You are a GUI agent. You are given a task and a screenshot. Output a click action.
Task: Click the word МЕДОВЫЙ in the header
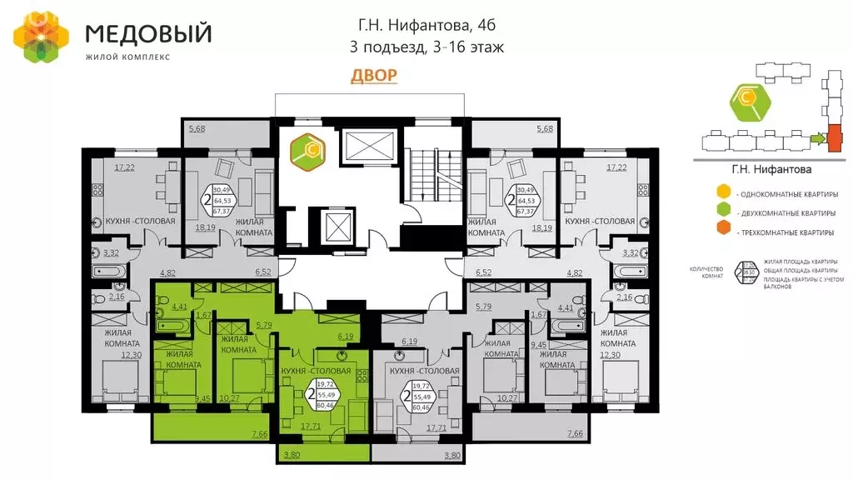coord(149,33)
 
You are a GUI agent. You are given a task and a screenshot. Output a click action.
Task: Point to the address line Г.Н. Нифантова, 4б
coord(426,25)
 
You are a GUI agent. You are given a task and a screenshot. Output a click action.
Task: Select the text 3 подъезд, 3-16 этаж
coord(426,47)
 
